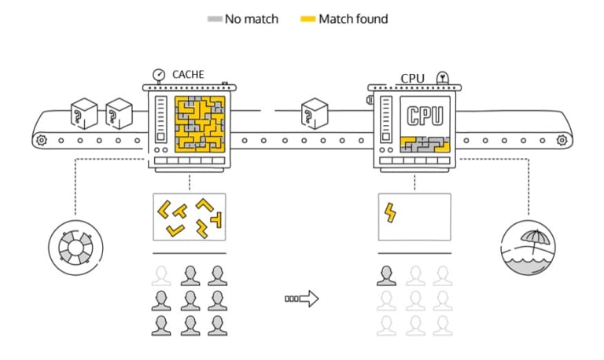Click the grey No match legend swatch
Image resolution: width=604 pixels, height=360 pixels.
213,18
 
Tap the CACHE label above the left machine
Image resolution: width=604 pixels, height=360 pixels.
188,75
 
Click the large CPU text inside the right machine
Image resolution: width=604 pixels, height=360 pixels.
424,116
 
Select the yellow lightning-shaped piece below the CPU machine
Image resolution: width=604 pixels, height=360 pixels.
389,212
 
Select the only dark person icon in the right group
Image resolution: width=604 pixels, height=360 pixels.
385,274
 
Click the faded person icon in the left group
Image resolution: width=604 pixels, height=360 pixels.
162,274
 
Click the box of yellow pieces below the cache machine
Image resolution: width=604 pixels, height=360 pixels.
189,217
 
